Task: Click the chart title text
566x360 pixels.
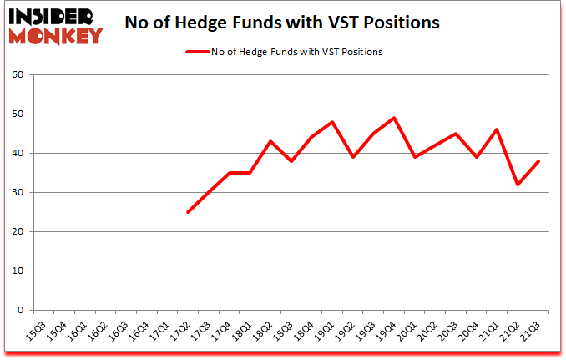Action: [281, 23]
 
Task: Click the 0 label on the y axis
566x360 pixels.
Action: [20, 311]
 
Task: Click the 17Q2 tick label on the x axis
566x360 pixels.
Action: [180, 331]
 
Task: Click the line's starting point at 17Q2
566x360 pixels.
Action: [187, 212]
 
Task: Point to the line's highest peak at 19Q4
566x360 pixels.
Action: [394, 118]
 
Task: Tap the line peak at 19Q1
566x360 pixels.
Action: [332, 122]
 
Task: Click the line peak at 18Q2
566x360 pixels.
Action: [270, 141]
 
